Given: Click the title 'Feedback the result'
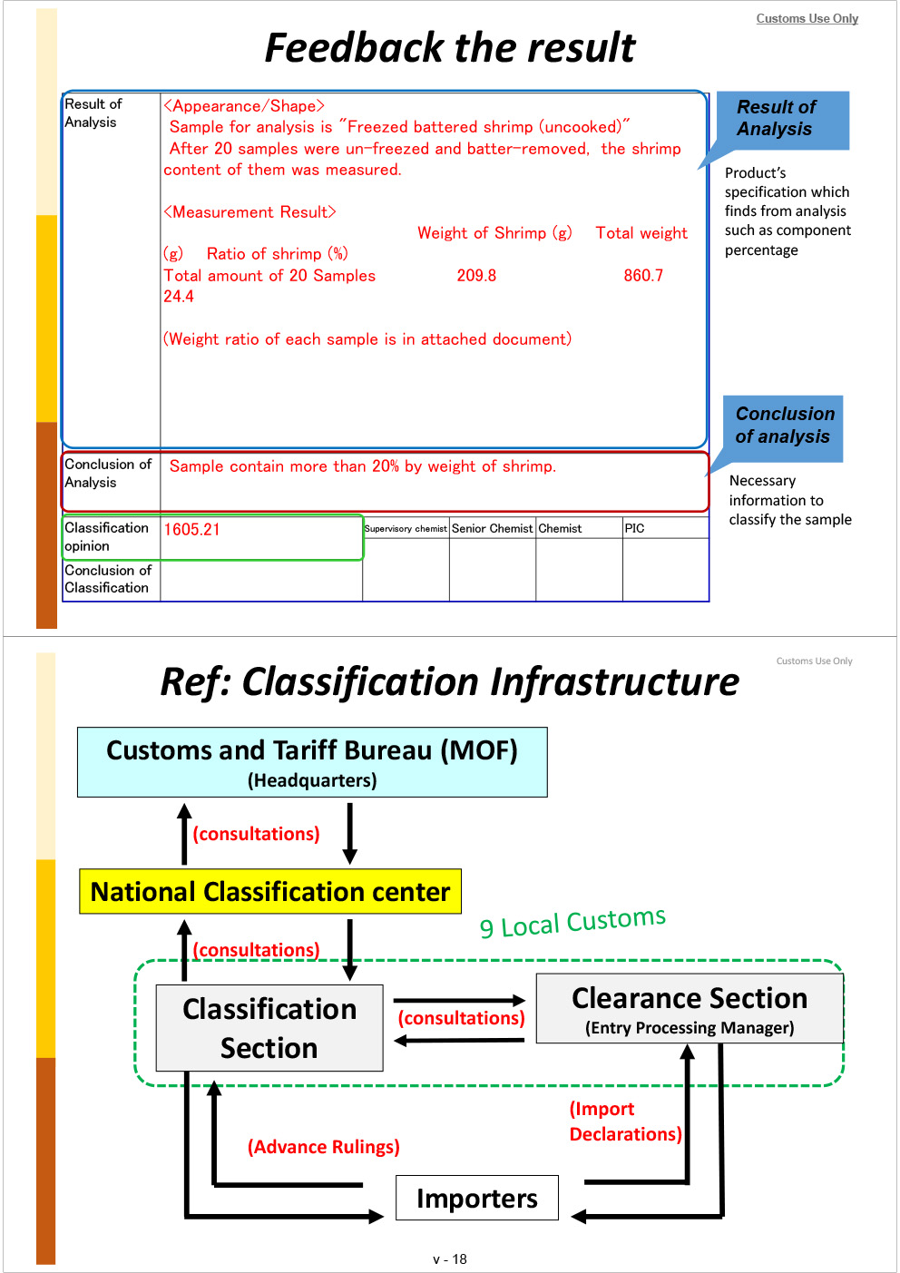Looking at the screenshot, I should [x=450, y=48].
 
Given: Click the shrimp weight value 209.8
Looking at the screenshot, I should [x=476, y=276].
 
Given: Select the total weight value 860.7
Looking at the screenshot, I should [x=643, y=276].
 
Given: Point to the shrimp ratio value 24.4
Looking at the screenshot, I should [x=179, y=297].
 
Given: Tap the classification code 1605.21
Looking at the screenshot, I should [x=191, y=530].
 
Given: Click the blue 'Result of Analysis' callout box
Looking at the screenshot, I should [x=782, y=119].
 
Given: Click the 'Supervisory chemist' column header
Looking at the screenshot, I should [x=406, y=529].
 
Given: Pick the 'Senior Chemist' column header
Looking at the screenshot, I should [x=492, y=529].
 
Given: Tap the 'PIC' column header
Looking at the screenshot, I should [x=634, y=529].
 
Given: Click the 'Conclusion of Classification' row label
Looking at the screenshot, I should [x=108, y=579].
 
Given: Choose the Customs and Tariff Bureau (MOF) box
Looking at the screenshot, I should [x=312, y=762].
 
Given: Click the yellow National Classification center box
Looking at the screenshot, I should [x=270, y=892].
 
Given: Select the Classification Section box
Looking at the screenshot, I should [x=269, y=1028].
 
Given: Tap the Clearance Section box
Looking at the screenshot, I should [x=690, y=1009].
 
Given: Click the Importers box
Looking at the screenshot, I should [x=477, y=1199].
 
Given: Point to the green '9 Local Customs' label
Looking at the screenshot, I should [x=572, y=923].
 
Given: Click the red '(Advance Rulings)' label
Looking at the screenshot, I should [x=323, y=1148].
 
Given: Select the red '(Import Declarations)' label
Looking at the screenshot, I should [x=625, y=1121].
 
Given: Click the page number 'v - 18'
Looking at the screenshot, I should [x=450, y=1259].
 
